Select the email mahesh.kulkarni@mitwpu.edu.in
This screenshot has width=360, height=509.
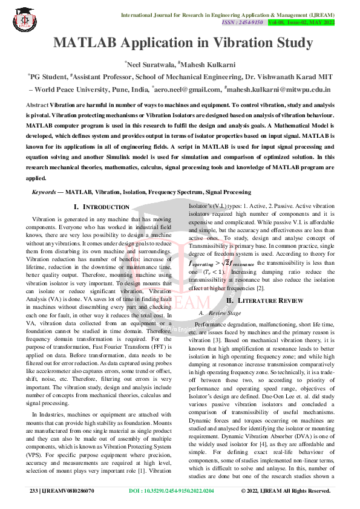(279, 89)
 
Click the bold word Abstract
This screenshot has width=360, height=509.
(37, 105)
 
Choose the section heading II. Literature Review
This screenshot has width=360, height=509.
(260, 300)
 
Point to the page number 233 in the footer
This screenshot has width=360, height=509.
(34, 491)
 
